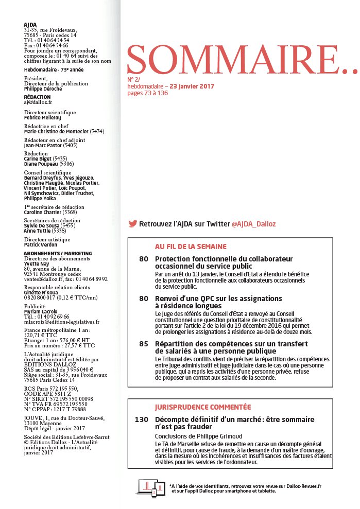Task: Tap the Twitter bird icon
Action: pyautogui.click(x=132, y=224)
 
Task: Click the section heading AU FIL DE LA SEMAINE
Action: pyautogui.click(x=191, y=247)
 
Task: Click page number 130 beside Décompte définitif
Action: pyautogui.click(x=141, y=420)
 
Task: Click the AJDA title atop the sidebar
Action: pyautogui.click(x=30, y=24)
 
